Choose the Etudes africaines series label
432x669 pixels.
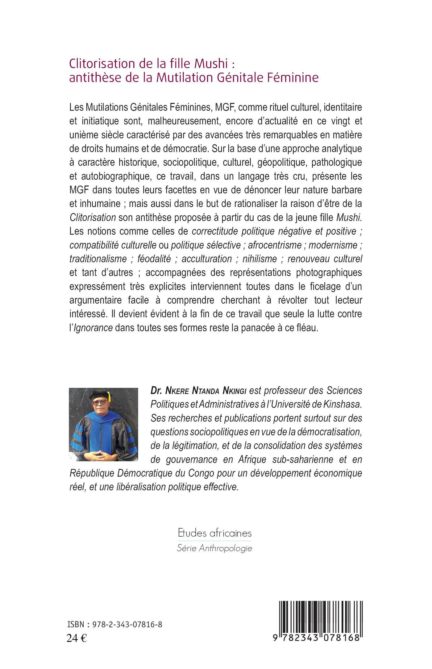click(215, 533)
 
